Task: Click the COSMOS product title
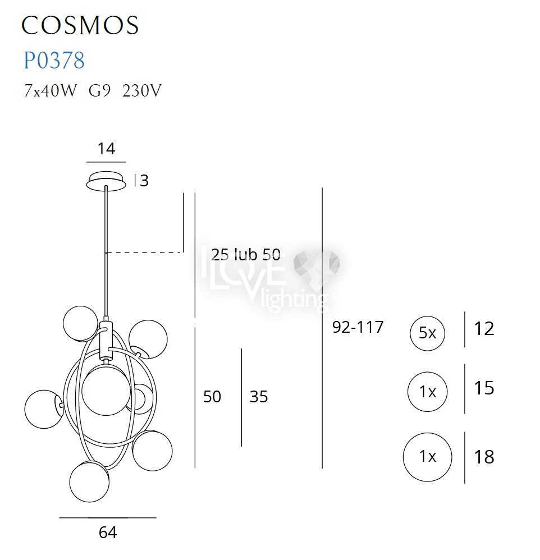coord(80,25)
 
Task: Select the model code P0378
coord(54,60)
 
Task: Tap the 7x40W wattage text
coord(50,91)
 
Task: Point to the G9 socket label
coord(99,91)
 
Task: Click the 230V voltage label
coord(142,91)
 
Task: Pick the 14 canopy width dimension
coord(107,149)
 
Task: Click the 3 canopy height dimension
coord(144,181)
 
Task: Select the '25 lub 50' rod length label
coord(245,255)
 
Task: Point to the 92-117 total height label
coord(358,327)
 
